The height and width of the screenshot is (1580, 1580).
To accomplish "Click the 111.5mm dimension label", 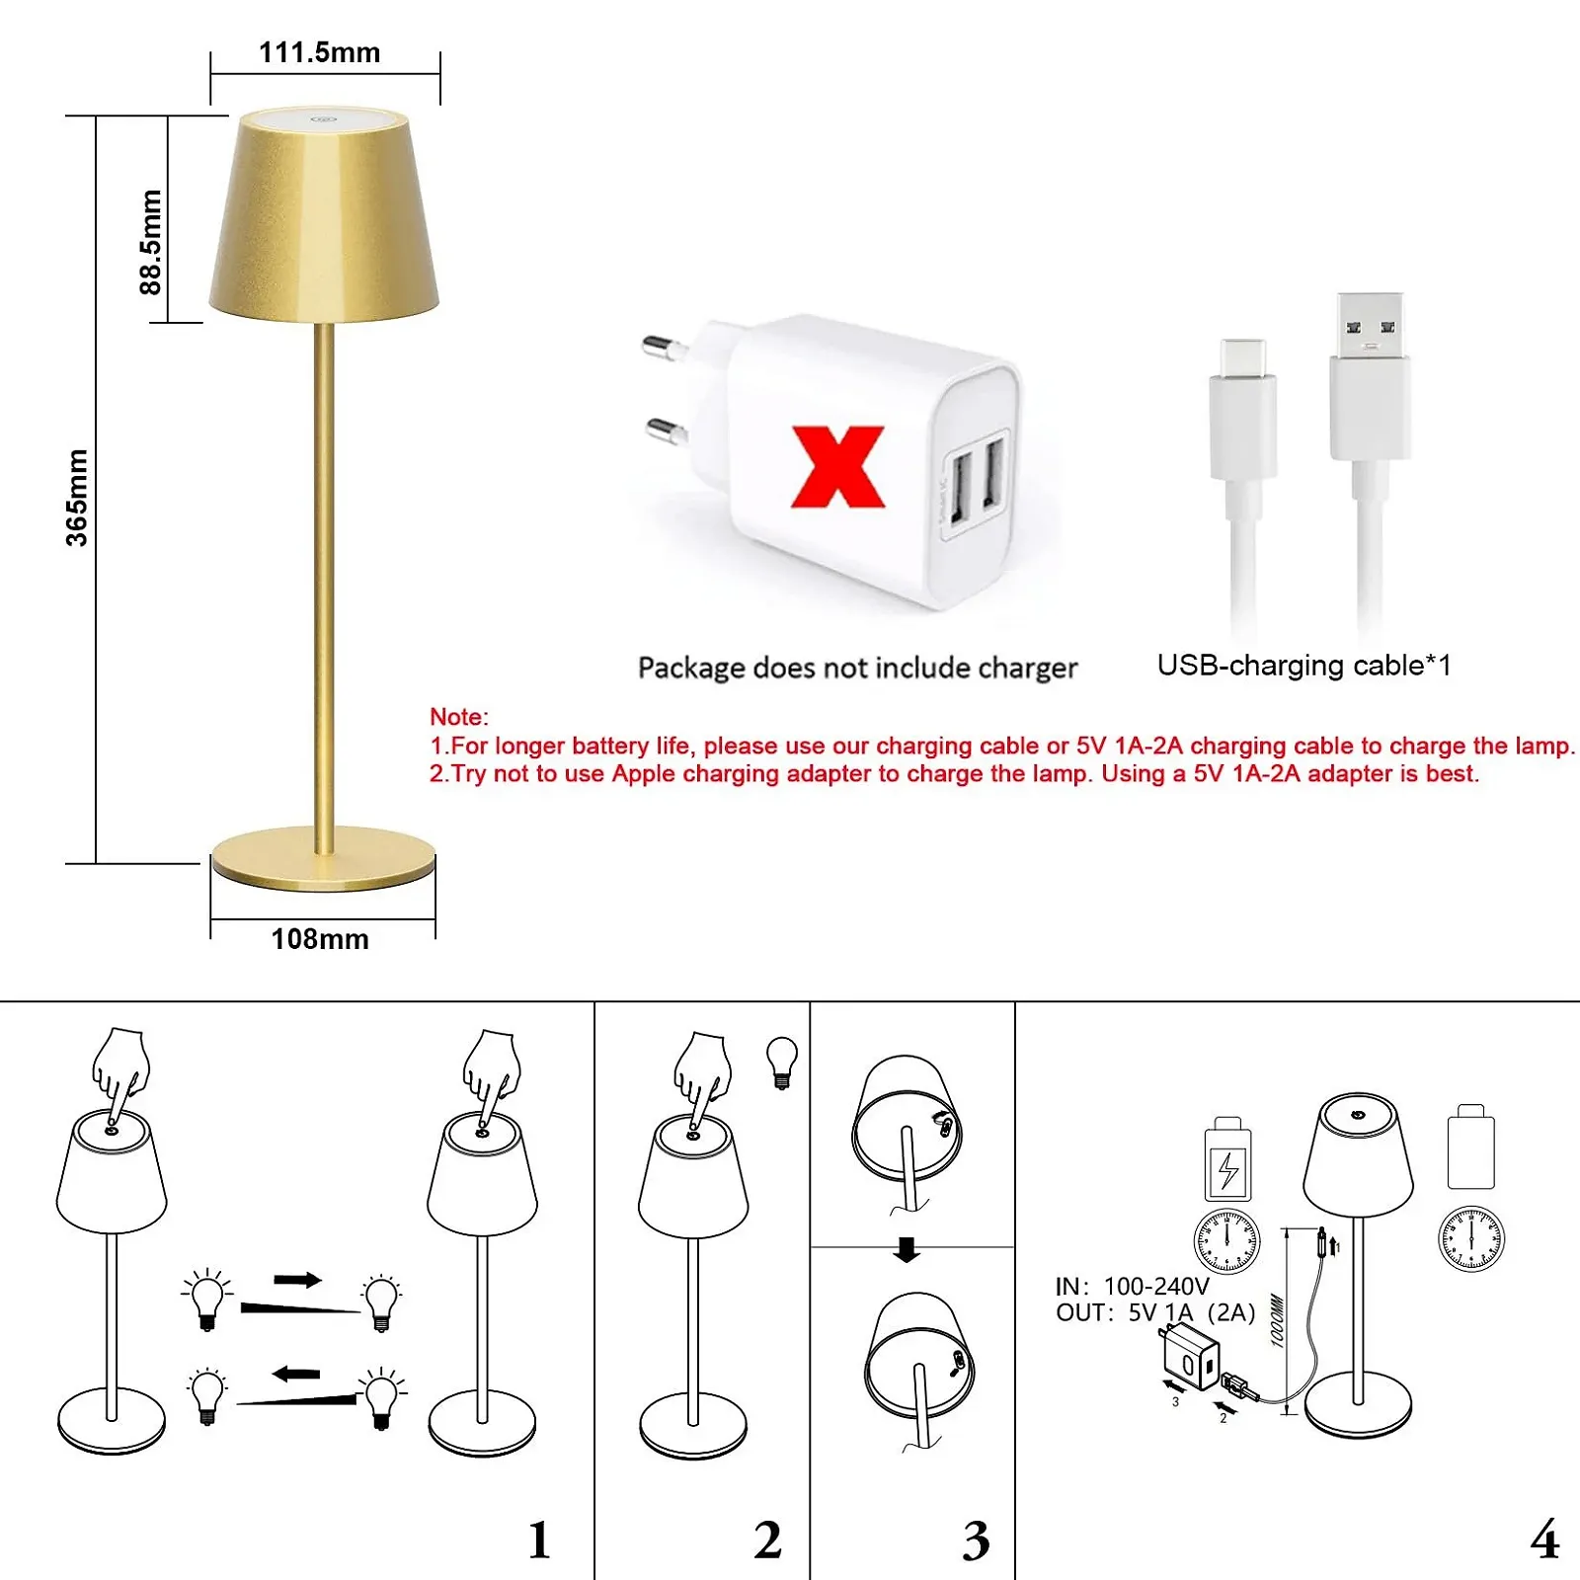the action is (x=319, y=52).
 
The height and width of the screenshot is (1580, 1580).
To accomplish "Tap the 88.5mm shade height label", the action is (x=150, y=242).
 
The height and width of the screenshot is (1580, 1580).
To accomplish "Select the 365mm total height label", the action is (x=77, y=498).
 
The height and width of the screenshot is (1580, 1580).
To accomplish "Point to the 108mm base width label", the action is (x=320, y=938).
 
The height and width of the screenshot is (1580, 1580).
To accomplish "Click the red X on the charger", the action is (x=838, y=466).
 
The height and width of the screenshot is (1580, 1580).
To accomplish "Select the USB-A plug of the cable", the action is (x=1370, y=376).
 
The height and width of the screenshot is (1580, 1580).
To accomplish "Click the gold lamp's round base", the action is (x=323, y=857).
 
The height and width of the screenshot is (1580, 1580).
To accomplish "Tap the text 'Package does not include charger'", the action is (x=857, y=669).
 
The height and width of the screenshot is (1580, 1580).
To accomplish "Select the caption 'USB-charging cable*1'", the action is (x=1303, y=666).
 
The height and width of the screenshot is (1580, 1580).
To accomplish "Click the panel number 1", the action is (x=539, y=1540).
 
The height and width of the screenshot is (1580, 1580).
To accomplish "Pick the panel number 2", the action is (x=767, y=1540).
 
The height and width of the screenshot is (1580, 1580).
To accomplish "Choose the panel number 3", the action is (x=976, y=1540).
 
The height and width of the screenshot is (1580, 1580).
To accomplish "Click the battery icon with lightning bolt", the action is (x=1228, y=1159).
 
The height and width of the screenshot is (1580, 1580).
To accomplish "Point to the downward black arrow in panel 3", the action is (x=907, y=1249).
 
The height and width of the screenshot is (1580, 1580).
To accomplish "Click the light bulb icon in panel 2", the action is (x=782, y=1063).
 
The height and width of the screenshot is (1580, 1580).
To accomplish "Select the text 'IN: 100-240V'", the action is (x=1132, y=1287).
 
